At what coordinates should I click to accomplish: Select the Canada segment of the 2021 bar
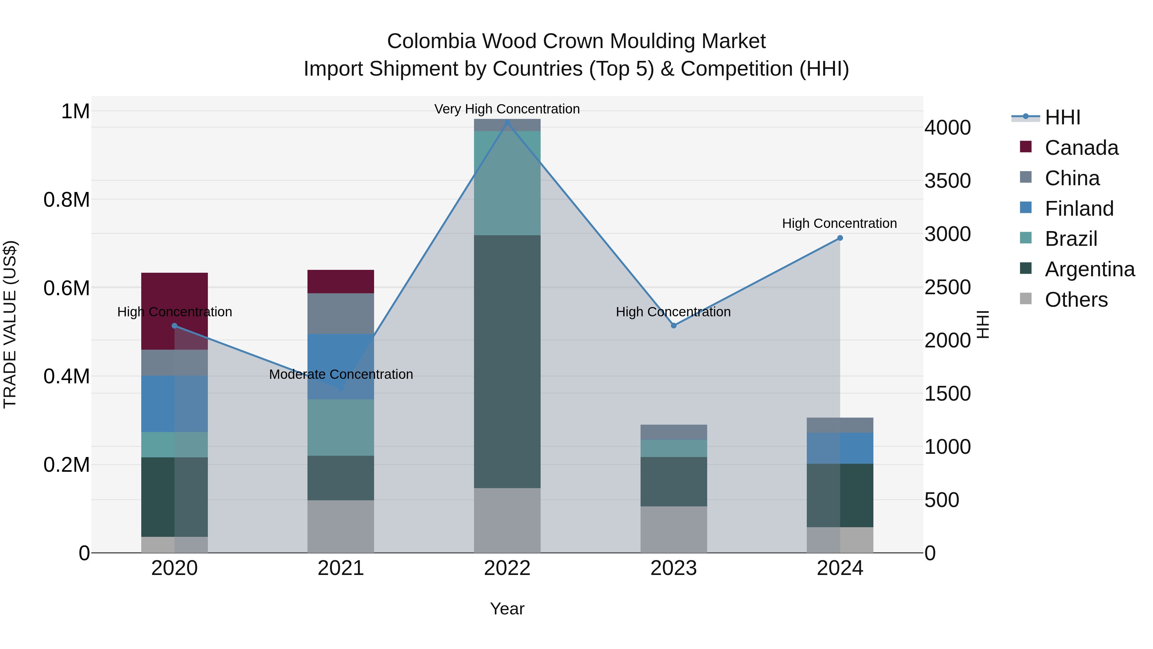pyautogui.click(x=341, y=281)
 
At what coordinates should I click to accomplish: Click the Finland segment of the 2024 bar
pyautogui.click(x=840, y=448)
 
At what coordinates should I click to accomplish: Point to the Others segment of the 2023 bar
pyautogui.click(x=674, y=529)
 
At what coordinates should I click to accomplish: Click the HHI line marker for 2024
pyautogui.click(x=840, y=238)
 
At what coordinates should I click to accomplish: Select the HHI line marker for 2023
pyautogui.click(x=674, y=326)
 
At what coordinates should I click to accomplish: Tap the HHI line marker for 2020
pyautogui.click(x=175, y=326)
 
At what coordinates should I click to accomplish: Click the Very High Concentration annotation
pyautogui.click(x=507, y=109)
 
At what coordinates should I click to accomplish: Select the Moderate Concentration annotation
pyautogui.click(x=341, y=374)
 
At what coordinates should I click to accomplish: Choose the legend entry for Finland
pyautogui.click(x=1079, y=209)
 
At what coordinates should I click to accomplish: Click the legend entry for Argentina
pyautogui.click(x=1090, y=270)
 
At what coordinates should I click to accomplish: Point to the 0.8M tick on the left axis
pyautogui.click(x=67, y=200)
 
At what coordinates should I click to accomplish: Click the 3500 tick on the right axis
pyautogui.click(x=948, y=181)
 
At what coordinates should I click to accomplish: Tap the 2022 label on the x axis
pyautogui.click(x=507, y=568)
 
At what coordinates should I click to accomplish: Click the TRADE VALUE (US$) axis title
pyautogui.click(x=10, y=324)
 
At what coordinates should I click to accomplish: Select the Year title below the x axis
pyautogui.click(x=507, y=609)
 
